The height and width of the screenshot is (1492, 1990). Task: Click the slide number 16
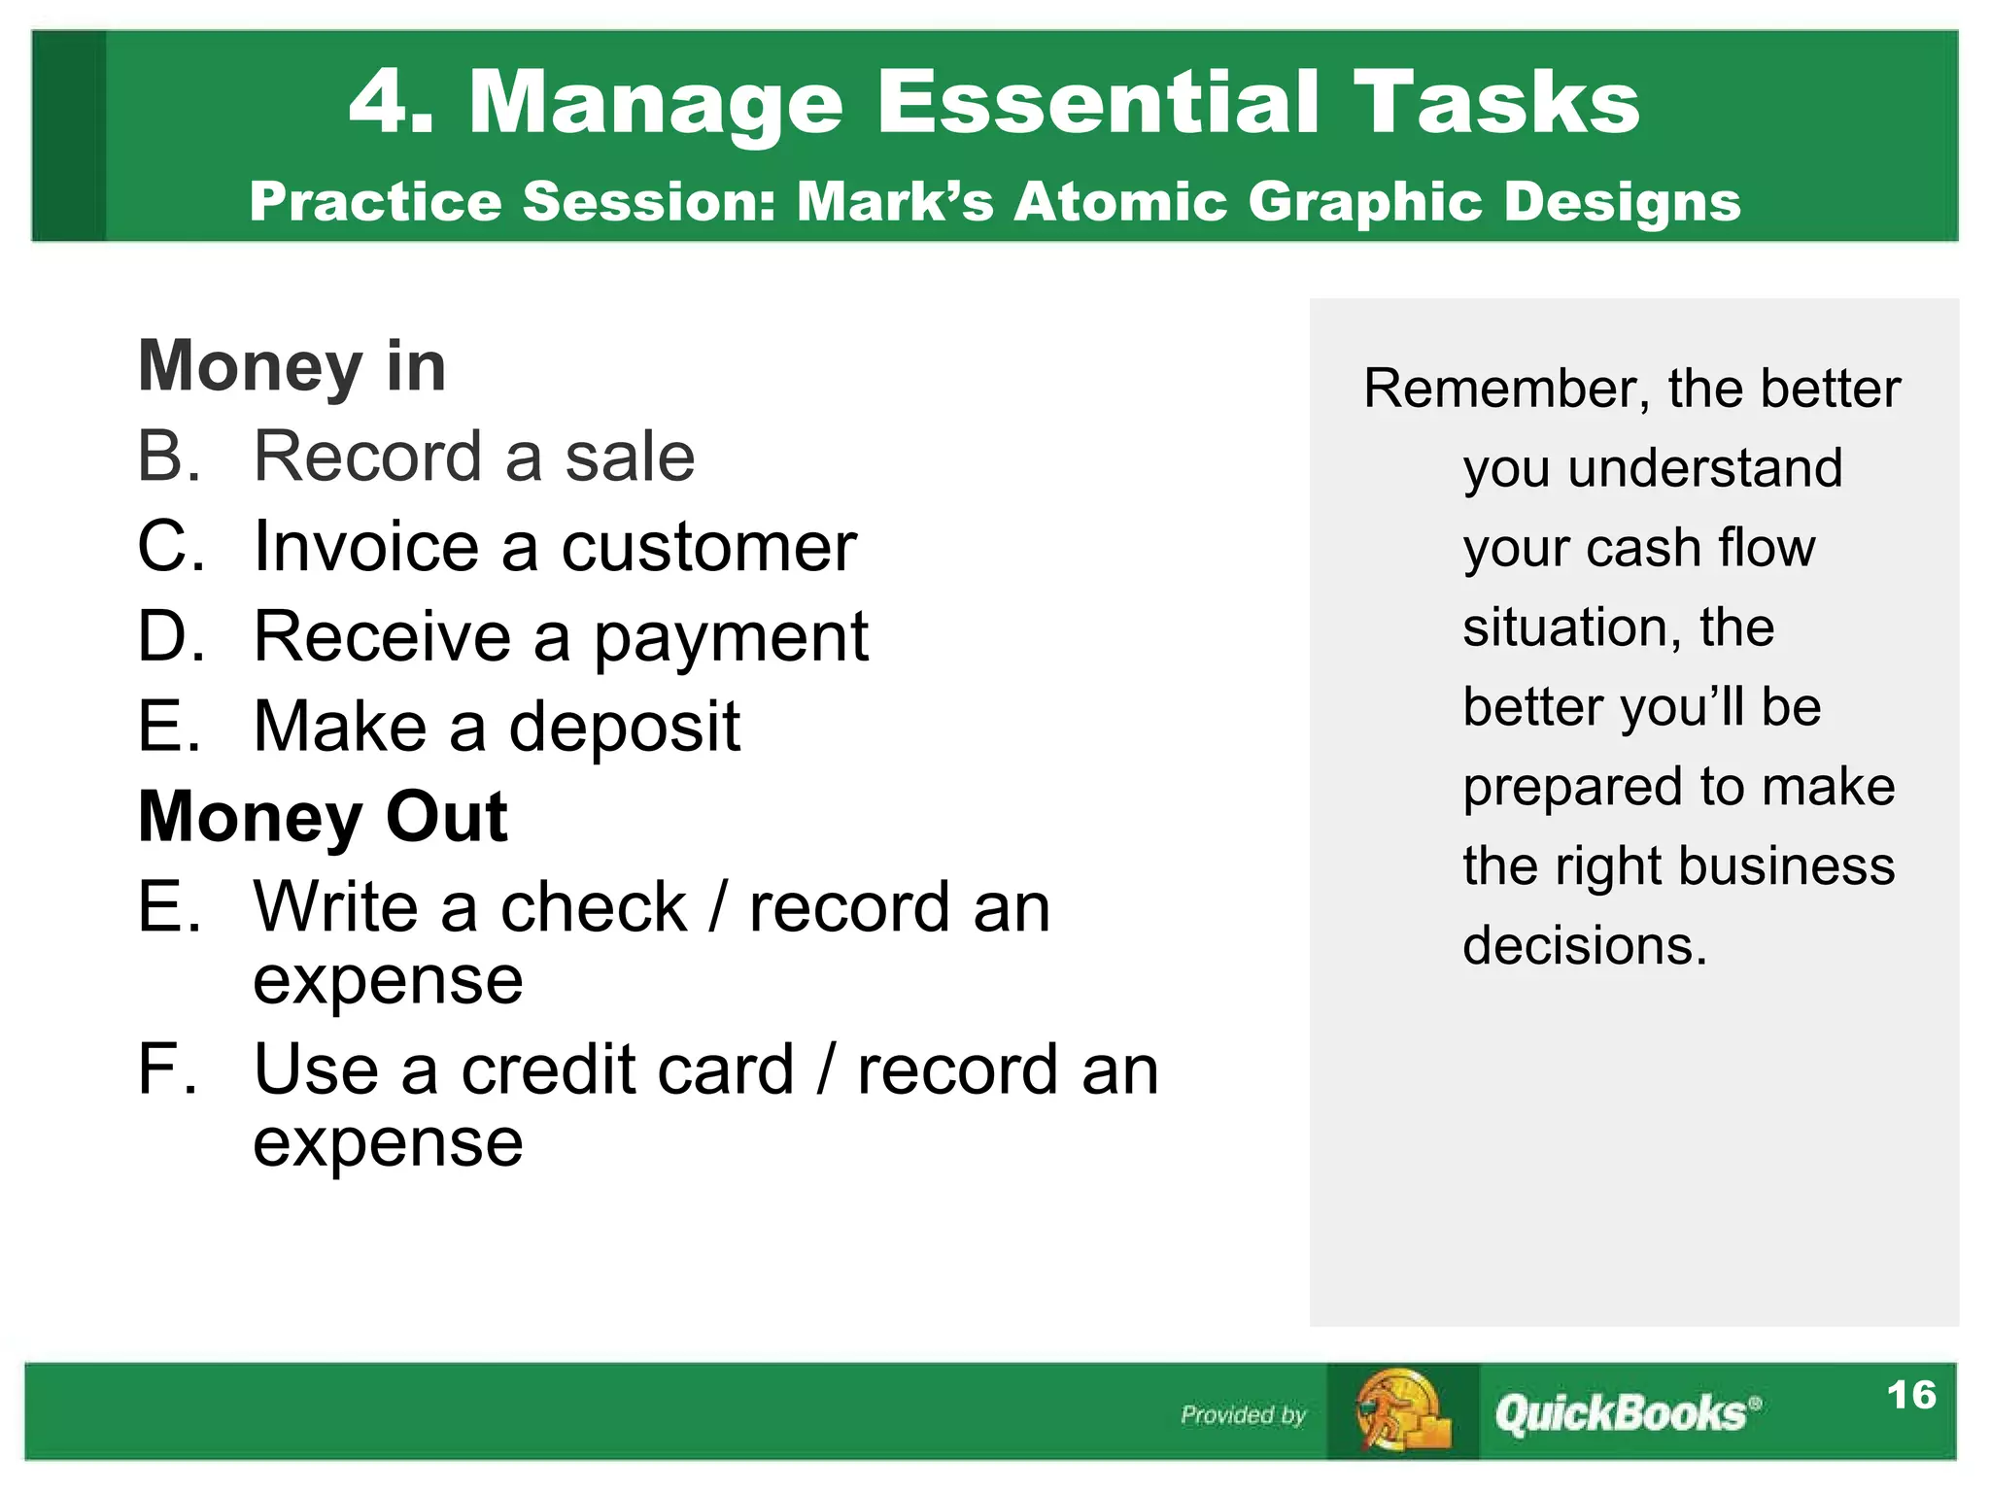coord(1910,1395)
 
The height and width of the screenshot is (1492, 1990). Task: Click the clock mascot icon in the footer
coord(1401,1411)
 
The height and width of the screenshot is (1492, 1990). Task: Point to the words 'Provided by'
coord(1243,1415)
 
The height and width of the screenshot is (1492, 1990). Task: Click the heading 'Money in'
coord(292,366)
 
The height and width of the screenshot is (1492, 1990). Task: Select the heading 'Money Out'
coord(323,817)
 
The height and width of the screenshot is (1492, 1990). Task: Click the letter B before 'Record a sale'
coord(168,457)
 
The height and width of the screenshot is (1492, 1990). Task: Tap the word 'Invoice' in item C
coord(366,547)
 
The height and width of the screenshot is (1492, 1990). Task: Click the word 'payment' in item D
coord(731,639)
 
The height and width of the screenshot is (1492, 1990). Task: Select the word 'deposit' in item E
coord(624,729)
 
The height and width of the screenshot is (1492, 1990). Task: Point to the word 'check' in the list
coord(593,908)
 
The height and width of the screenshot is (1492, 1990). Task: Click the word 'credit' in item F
coord(627,1070)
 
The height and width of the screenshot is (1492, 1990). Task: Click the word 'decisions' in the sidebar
coord(1584,946)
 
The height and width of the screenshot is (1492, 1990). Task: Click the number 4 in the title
coord(377,103)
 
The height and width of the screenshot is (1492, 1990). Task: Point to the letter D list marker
coord(170,637)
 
